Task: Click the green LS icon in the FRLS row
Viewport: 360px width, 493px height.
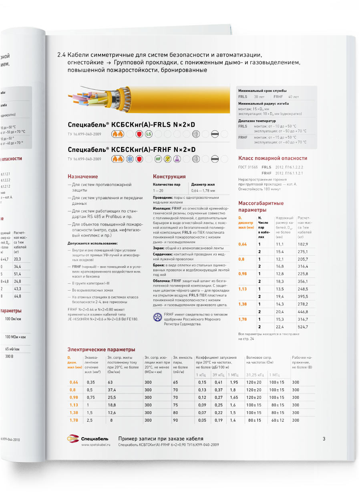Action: [149, 134]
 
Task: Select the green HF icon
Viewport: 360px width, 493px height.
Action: [158, 159]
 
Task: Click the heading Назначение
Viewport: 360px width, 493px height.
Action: [82, 176]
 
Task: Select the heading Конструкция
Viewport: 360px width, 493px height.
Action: [169, 176]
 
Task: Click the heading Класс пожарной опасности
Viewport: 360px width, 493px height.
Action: [273, 158]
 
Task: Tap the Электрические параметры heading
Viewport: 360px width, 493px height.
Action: [101, 350]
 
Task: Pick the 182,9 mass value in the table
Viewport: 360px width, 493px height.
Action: [303, 244]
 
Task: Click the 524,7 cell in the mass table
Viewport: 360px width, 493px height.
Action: [303, 327]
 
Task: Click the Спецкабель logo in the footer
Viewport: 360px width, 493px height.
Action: [85, 439]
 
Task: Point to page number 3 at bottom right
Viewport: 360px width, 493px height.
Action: [324, 439]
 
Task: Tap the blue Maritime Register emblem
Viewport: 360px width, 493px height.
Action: [157, 317]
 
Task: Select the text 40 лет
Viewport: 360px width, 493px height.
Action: [293, 97]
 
